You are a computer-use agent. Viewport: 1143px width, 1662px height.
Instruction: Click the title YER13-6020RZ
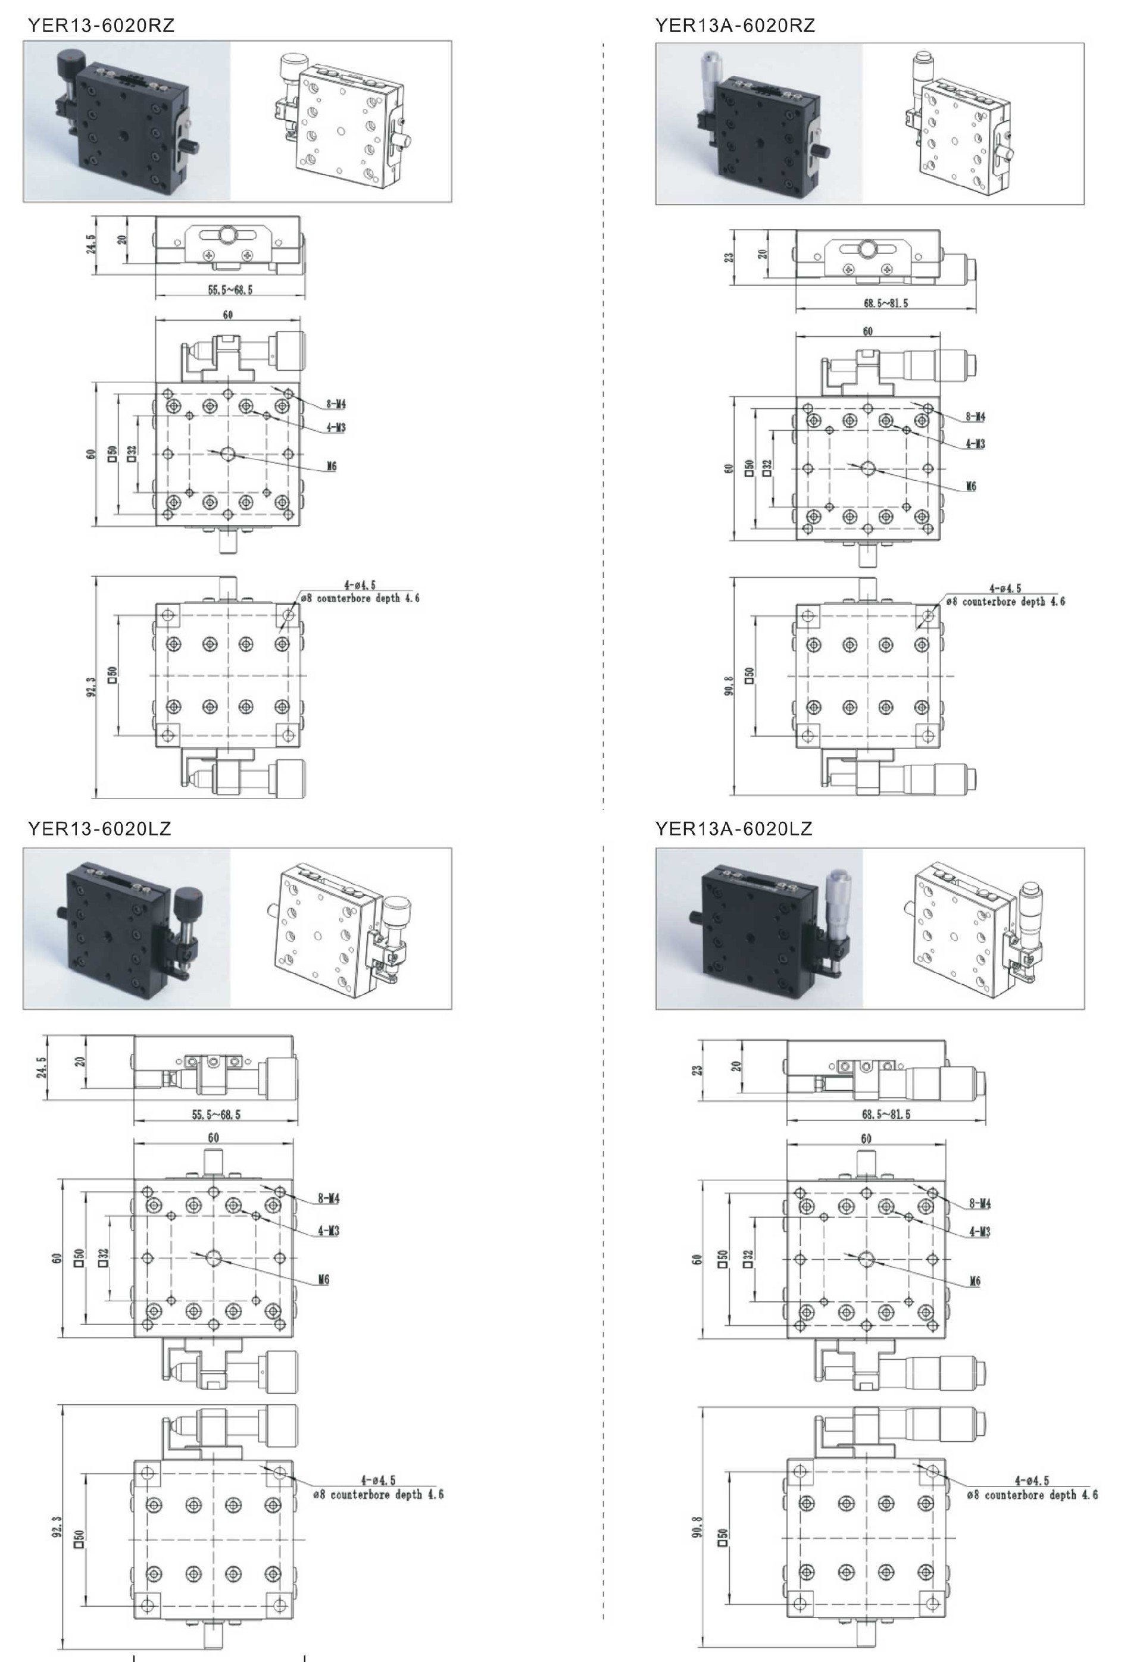click(x=101, y=26)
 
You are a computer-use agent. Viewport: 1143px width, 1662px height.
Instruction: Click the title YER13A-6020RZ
click(x=735, y=26)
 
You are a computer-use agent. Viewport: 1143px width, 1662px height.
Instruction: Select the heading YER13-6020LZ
click(x=99, y=829)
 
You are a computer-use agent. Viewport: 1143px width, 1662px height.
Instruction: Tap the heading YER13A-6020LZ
click(x=734, y=829)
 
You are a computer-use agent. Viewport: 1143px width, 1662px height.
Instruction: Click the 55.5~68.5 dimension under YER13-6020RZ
click(x=230, y=290)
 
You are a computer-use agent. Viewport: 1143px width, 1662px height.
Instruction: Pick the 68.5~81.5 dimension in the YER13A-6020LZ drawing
click(x=886, y=1115)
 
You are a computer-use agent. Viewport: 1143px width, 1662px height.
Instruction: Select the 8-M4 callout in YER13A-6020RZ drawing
click(x=975, y=417)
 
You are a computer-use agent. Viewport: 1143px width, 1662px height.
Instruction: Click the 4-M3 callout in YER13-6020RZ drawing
click(x=335, y=427)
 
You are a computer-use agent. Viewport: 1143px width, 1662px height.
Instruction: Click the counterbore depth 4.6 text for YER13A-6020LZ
click(x=1032, y=1495)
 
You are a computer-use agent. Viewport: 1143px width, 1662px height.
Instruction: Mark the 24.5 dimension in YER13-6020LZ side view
click(x=42, y=1066)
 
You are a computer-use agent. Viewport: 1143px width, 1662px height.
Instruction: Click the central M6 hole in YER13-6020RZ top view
click(x=228, y=454)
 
